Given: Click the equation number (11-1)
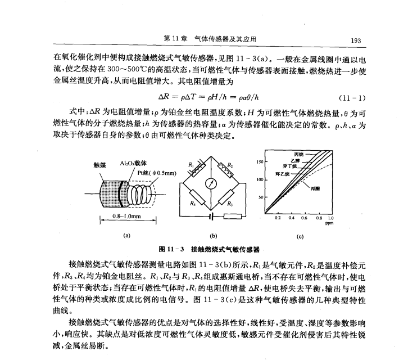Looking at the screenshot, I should tap(353, 95).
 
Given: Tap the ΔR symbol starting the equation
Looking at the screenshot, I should tap(165, 96).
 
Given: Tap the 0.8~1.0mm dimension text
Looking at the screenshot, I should tap(125, 216).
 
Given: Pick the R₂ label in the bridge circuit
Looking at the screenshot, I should tap(230, 164).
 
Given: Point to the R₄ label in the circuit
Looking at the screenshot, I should tap(193, 203).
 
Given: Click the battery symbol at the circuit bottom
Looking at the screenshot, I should tap(212, 217).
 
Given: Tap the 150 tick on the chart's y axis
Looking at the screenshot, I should tap(260, 161).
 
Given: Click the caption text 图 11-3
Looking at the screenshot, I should tap(169, 248).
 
